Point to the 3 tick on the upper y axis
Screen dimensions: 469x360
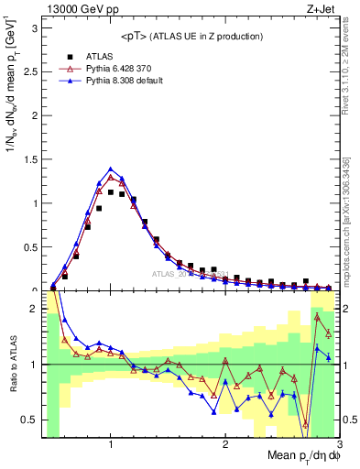[34, 28]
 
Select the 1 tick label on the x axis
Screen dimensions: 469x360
[111, 444]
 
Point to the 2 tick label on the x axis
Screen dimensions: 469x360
[225, 444]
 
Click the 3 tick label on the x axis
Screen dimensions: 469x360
[338, 444]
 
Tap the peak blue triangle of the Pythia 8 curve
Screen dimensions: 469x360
[111, 169]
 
